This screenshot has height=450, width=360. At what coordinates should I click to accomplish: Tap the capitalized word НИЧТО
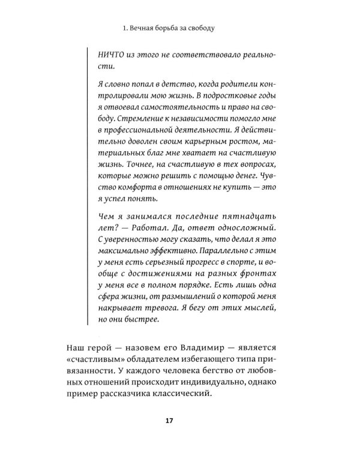pos(111,53)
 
